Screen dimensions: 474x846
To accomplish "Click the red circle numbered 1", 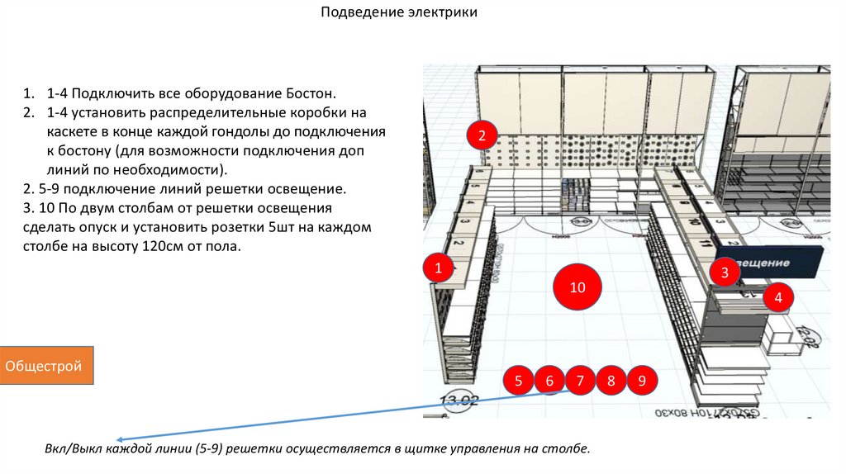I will pos(439,268).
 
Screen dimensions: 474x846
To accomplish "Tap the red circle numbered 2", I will pos(482,135).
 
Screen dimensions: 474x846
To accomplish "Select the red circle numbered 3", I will pos(725,272).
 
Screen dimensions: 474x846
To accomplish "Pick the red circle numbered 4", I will pos(777,297).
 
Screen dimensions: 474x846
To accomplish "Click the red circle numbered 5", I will pos(518,381).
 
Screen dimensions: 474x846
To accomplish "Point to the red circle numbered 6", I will pos(549,381).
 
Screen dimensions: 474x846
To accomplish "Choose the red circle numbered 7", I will pos(580,381).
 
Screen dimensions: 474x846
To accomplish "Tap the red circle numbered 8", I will pos(611,381).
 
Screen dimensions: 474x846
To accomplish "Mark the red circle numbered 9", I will pos(642,381).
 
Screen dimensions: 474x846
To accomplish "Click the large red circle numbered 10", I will pos(577,287).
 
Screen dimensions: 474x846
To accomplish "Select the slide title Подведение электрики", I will pos(399,13).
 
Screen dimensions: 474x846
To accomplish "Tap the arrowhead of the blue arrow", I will pos(120,440).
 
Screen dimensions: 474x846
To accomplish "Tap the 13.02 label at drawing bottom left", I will pos(459,401).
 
